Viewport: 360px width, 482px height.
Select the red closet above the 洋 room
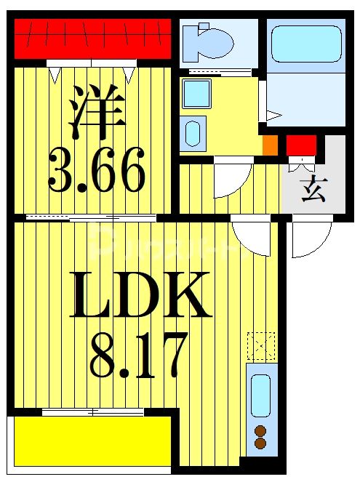93,37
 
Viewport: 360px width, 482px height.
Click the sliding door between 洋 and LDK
91,217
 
